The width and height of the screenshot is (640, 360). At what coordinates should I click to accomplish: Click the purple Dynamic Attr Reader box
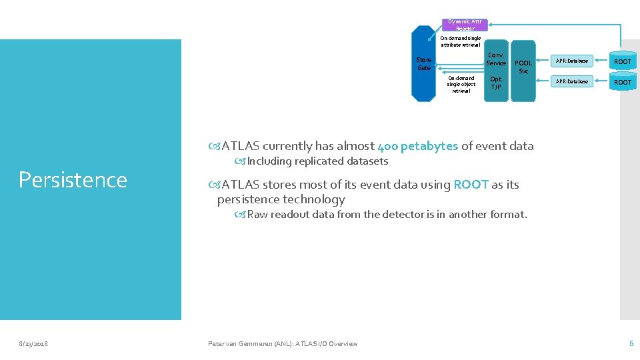click(x=465, y=25)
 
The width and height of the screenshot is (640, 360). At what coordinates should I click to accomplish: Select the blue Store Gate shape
click(x=423, y=64)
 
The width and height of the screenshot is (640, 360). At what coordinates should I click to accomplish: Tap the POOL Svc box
click(x=523, y=67)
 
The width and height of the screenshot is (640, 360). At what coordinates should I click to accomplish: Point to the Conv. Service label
click(x=496, y=59)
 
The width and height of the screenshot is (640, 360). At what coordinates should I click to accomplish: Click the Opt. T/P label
click(x=496, y=83)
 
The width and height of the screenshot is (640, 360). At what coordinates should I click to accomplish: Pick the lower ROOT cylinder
click(x=622, y=82)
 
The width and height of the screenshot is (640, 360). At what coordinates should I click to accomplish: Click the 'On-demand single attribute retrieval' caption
click(x=461, y=41)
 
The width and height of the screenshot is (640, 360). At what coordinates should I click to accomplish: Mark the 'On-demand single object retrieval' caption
click(x=461, y=84)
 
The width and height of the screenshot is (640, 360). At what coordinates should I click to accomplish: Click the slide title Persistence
click(x=73, y=180)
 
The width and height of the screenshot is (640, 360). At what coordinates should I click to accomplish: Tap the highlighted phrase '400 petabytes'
click(x=417, y=146)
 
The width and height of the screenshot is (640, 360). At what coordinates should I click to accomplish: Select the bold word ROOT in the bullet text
click(x=471, y=185)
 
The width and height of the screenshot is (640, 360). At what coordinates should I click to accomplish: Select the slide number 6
click(x=631, y=343)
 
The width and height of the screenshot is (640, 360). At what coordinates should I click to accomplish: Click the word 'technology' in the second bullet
click(x=313, y=199)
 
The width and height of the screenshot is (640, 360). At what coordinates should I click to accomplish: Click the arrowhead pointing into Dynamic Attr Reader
click(x=491, y=25)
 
